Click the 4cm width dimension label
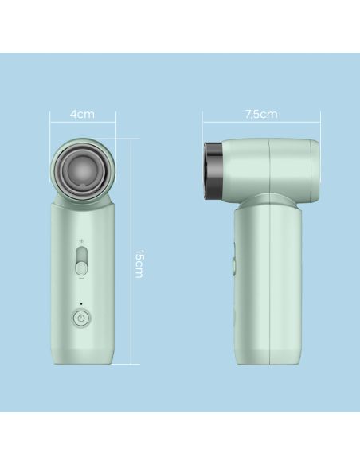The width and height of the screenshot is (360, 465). point(82,114)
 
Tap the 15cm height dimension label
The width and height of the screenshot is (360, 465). point(139,263)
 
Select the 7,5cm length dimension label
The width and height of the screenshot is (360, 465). point(260,114)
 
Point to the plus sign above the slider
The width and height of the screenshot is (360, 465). point(81,241)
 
